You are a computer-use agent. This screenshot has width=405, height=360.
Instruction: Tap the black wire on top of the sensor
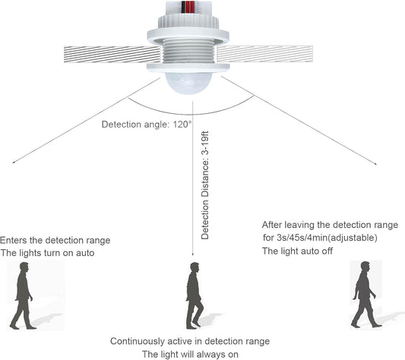[183, 7]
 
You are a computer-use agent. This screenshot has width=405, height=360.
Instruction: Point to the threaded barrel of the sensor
[188, 51]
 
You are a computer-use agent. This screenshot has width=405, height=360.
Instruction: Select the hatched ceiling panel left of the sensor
[112, 54]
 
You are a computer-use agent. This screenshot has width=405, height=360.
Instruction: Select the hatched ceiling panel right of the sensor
[264, 54]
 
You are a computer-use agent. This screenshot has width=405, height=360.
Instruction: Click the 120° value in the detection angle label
[182, 125]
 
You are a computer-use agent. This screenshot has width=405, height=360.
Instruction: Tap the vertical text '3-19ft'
[205, 143]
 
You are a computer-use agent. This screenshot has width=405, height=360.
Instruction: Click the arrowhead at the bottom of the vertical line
[192, 254]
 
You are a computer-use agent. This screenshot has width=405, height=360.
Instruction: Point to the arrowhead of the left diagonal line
[14, 163]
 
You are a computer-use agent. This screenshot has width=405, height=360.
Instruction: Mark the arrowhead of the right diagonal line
[375, 163]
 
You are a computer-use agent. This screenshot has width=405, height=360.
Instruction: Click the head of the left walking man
[24, 267]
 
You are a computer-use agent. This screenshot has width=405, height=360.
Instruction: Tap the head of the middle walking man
[195, 267]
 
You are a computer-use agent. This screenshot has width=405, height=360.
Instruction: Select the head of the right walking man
[365, 266]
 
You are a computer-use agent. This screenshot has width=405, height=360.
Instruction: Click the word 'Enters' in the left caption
[14, 241]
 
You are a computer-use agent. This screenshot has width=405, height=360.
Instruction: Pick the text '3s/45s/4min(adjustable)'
[327, 237]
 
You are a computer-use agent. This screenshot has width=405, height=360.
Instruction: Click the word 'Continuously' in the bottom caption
[138, 342]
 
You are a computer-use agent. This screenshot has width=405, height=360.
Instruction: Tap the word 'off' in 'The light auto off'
[327, 251]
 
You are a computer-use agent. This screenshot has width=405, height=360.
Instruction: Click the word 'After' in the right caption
[272, 225]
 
